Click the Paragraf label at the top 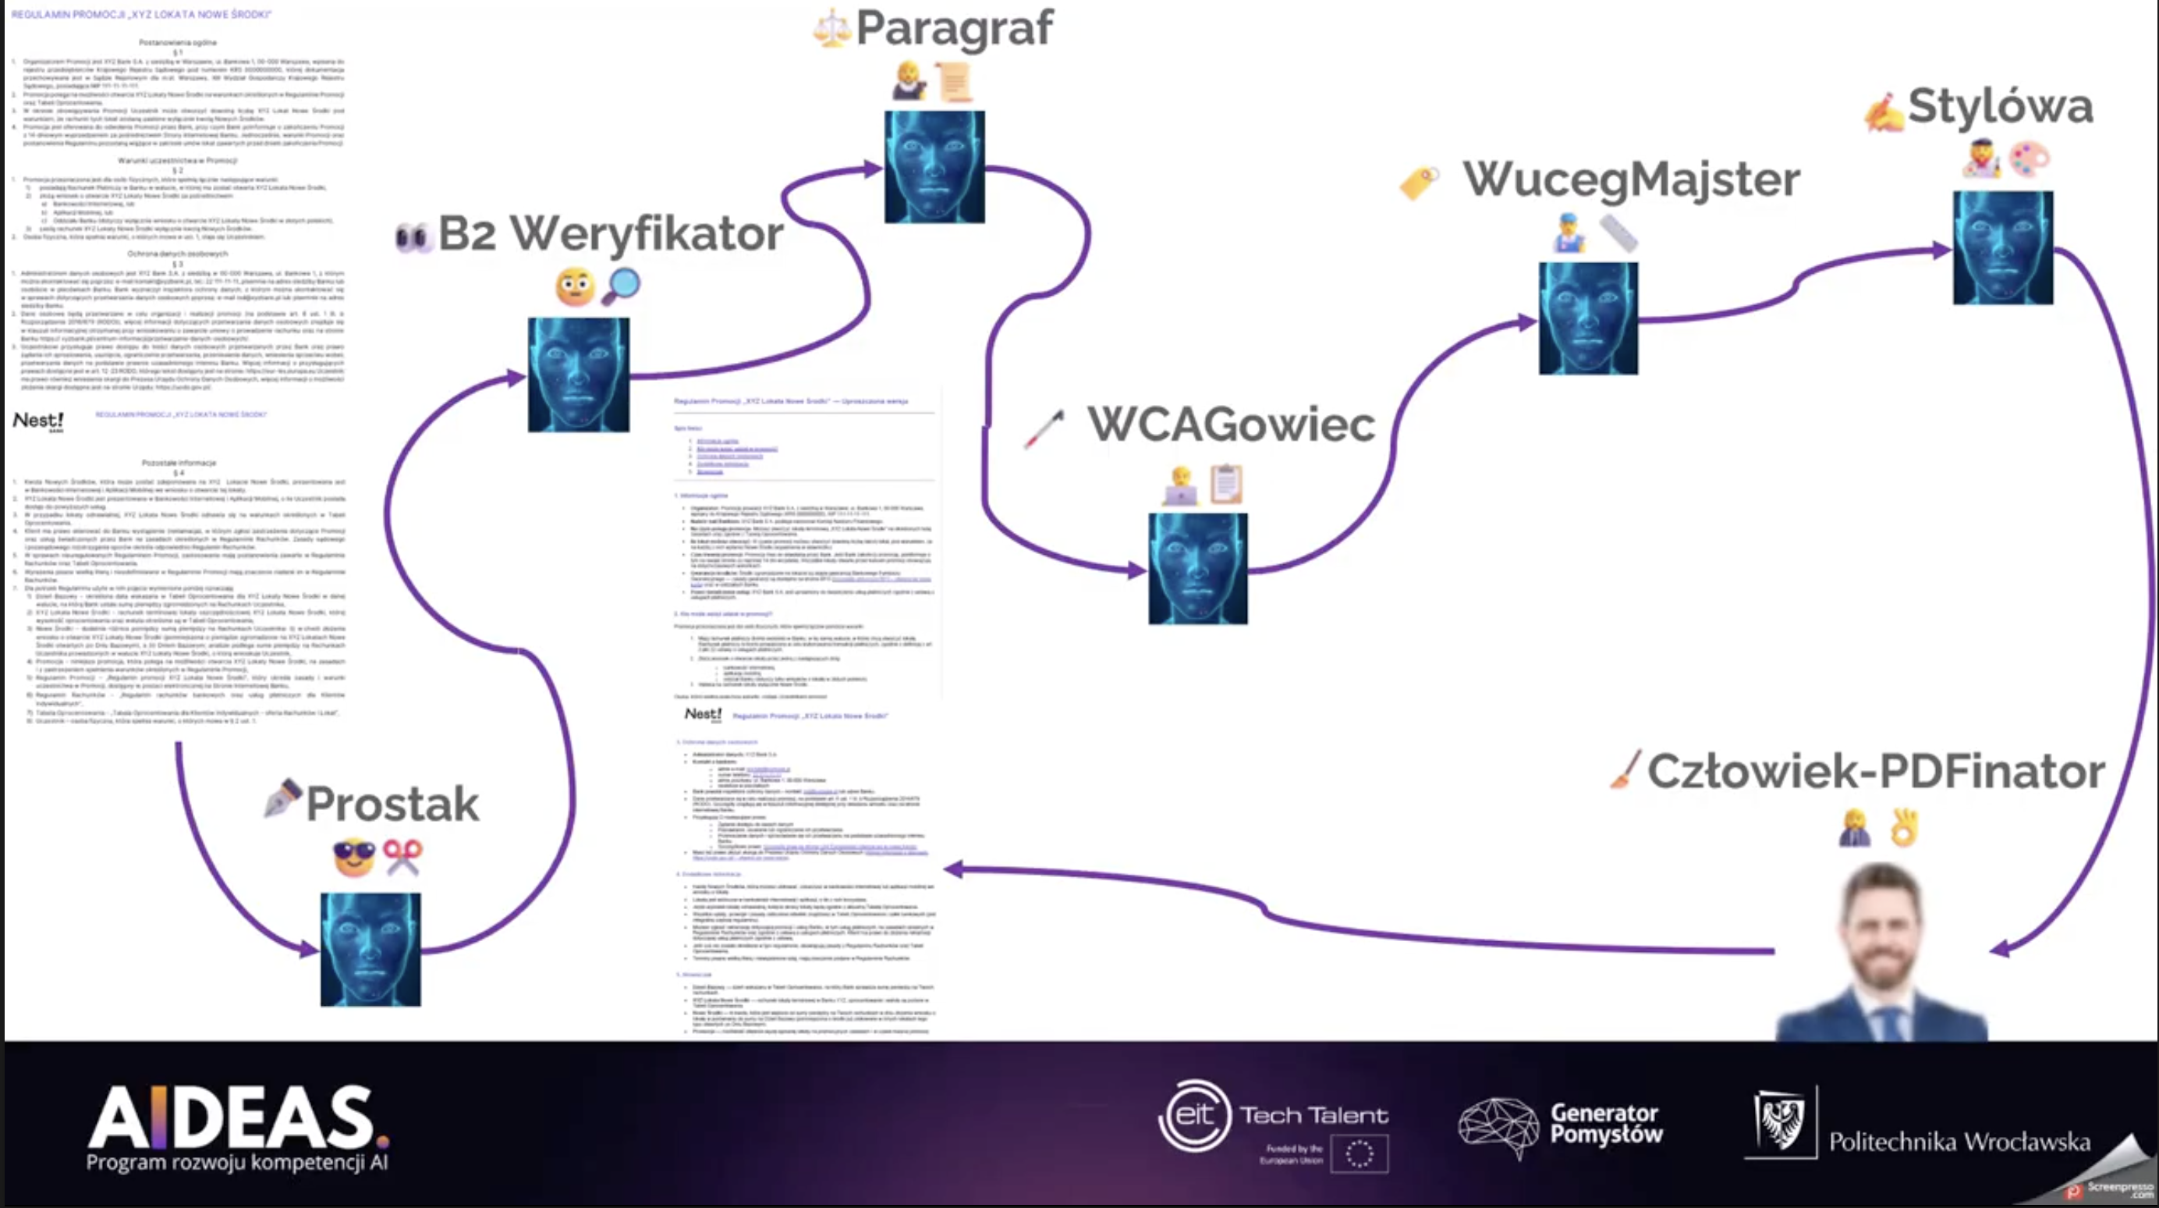pos(954,29)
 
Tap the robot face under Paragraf pos(934,167)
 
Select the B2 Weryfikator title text pos(610,233)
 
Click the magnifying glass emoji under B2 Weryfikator pos(621,286)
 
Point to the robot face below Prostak pos(370,949)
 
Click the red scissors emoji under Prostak pos(402,857)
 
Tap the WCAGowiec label pos(1230,425)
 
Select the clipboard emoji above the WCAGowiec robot pos(1226,485)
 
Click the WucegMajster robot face pos(1587,318)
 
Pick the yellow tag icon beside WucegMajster pos(1419,182)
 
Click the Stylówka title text pos(2000,106)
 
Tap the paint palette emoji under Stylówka pos(2029,158)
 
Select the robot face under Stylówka pos(2002,247)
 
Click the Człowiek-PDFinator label pos(1876,771)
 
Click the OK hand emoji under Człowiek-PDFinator pos(1904,827)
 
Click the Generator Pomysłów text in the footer pos(1606,1124)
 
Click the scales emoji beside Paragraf pos(831,29)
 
